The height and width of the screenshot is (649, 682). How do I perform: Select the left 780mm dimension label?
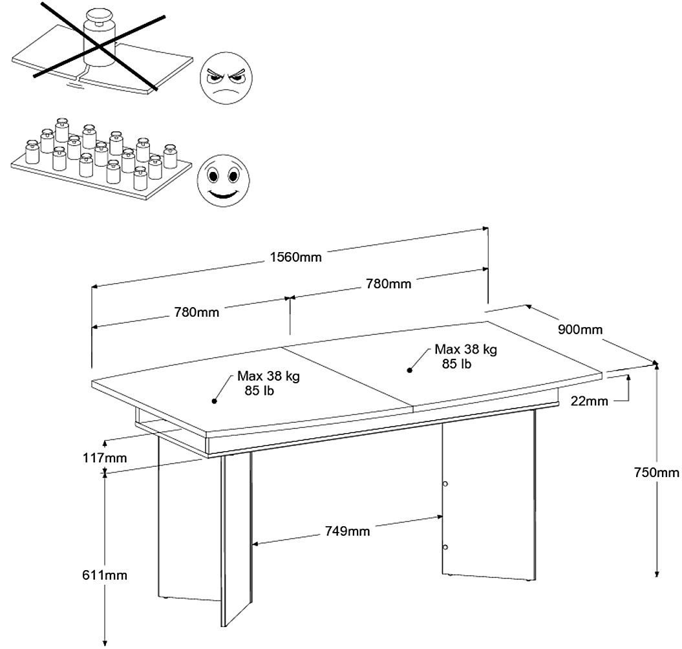click(197, 312)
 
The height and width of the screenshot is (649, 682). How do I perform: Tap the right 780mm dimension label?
click(388, 283)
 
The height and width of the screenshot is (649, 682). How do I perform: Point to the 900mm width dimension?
click(580, 330)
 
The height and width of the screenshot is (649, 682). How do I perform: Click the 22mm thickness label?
click(590, 401)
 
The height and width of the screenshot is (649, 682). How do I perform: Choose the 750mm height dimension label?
click(657, 473)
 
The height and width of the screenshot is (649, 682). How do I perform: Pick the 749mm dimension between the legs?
click(348, 531)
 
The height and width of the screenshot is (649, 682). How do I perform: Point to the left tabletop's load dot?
click(214, 401)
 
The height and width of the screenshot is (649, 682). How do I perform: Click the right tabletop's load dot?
click(409, 370)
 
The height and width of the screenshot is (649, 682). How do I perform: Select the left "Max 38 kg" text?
click(268, 376)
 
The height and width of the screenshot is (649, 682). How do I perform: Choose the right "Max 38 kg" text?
click(465, 350)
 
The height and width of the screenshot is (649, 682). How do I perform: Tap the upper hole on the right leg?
click(445, 484)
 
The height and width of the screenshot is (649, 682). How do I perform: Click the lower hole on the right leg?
click(445, 547)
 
